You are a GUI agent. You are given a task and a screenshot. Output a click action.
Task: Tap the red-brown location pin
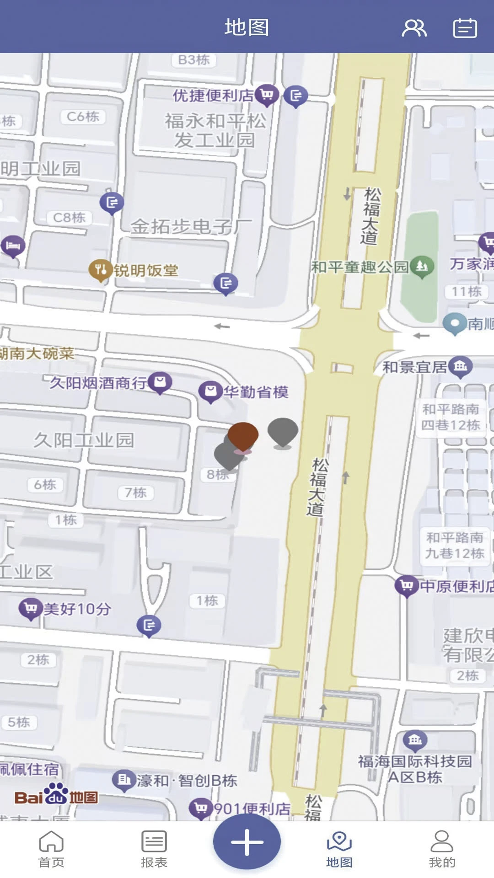point(243,435)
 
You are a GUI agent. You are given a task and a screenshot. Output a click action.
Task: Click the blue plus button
point(247,841)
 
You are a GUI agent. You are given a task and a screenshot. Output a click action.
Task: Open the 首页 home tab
point(51,849)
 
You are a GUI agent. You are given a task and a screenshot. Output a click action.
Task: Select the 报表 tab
point(154,849)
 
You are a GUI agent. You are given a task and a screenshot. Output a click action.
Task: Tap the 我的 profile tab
point(442,849)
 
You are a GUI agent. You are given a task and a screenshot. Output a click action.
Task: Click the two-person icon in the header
point(414,28)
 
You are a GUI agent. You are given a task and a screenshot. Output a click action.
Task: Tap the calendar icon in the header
point(465,28)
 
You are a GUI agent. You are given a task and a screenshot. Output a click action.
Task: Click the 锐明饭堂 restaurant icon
point(100,270)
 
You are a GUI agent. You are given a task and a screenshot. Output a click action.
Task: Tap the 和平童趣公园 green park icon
point(422,266)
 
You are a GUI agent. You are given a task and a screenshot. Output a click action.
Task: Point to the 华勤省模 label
point(256,392)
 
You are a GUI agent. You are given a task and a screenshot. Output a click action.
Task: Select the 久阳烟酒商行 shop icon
point(160,382)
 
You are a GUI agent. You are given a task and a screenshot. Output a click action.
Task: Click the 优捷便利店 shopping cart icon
point(267,95)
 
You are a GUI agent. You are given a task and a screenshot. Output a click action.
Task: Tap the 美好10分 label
point(77,609)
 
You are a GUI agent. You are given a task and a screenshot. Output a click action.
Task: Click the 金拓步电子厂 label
point(191,226)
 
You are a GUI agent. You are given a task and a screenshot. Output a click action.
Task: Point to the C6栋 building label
point(83,117)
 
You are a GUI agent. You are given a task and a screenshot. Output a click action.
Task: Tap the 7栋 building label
point(136,493)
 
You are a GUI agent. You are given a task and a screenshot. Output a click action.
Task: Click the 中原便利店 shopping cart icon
point(406,585)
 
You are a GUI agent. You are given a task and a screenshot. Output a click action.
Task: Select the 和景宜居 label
point(414,367)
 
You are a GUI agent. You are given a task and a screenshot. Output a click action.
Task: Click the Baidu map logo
point(56,797)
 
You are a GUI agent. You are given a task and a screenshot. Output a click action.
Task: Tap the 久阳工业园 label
point(84,440)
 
